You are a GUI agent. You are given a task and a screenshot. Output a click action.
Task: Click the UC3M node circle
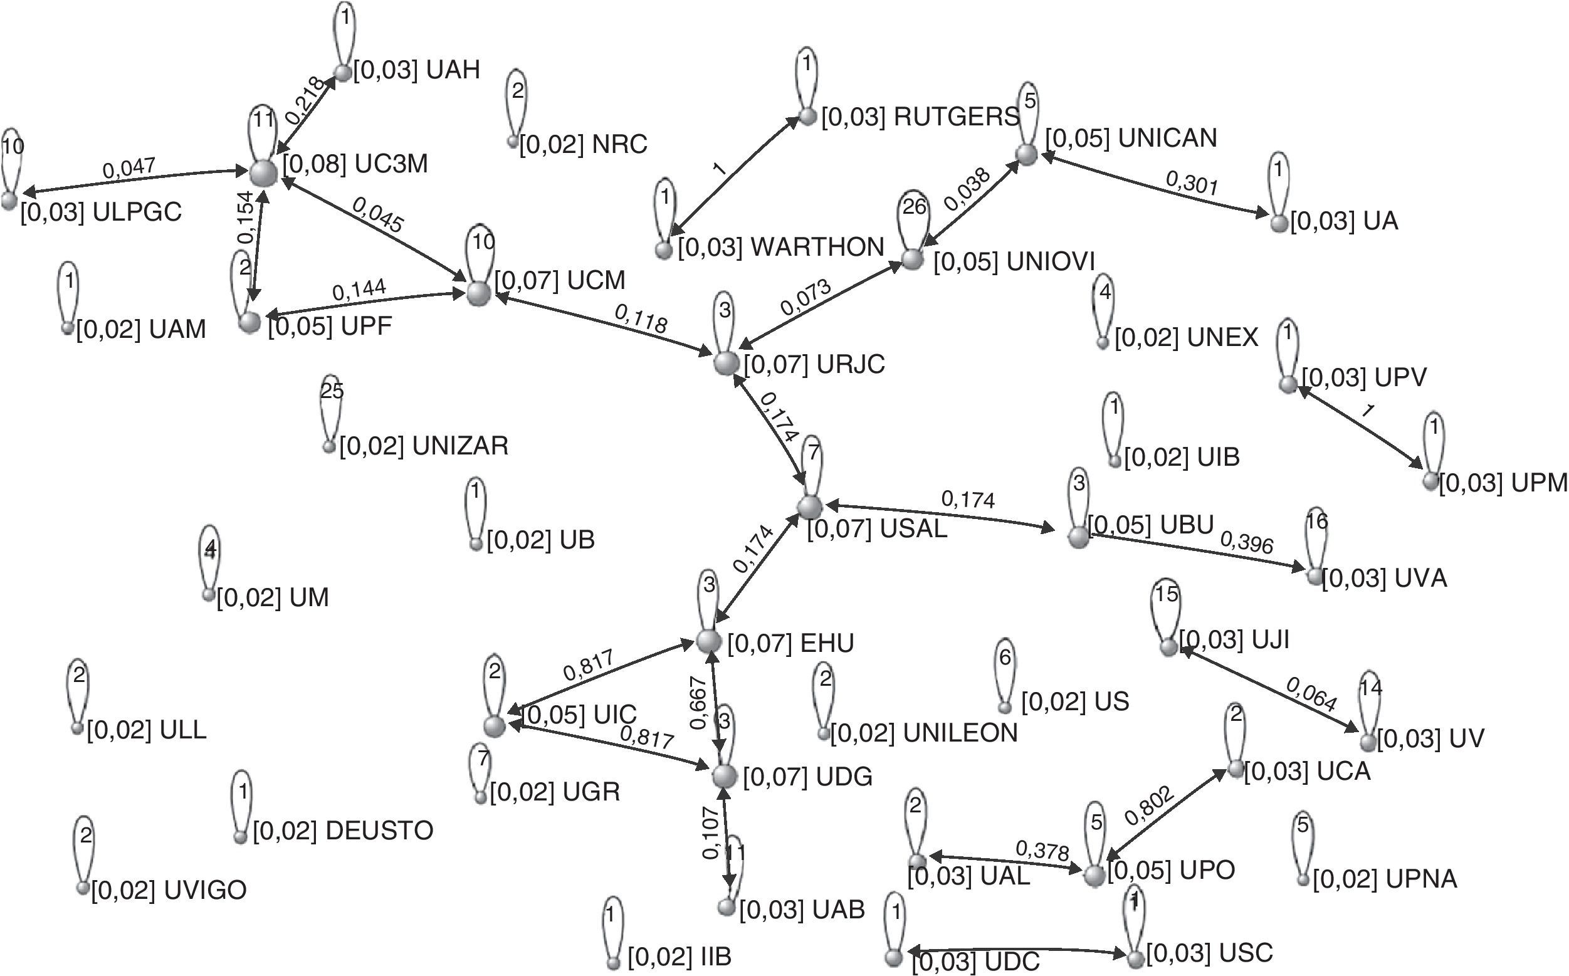pyautogui.click(x=263, y=173)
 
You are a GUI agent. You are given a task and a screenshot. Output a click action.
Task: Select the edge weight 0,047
pyautogui.click(x=129, y=169)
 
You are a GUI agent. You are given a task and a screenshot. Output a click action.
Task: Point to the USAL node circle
pyautogui.click(x=809, y=506)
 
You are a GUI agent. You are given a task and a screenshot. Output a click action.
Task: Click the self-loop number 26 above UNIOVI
pyautogui.click(x=914, y=207)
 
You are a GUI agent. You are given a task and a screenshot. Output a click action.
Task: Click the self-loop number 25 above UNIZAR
pyautogui.click(x=332, y=391)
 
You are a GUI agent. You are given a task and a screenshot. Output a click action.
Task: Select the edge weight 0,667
pyautogui.click(x=699, y=702)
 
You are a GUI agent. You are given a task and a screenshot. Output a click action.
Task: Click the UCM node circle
pyautogui.click(x=478, y=294)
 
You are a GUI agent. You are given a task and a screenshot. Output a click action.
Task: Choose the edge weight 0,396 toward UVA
pyautogui.click(x=1246, y=543)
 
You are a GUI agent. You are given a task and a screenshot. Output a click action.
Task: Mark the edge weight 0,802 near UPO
pyautogui.click(x=1150, y=807)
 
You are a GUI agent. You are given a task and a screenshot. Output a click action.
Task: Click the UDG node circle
pyautogui.click(x=723, y=776)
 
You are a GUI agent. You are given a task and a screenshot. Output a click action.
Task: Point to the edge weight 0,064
pyautogui.click(x=1311, y=695)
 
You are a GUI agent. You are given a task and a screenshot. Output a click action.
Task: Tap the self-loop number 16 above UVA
pyautogui.click(x=1316, y=521)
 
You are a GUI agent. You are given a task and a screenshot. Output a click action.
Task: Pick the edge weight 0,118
pyautogui.click(x=640, y=320)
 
